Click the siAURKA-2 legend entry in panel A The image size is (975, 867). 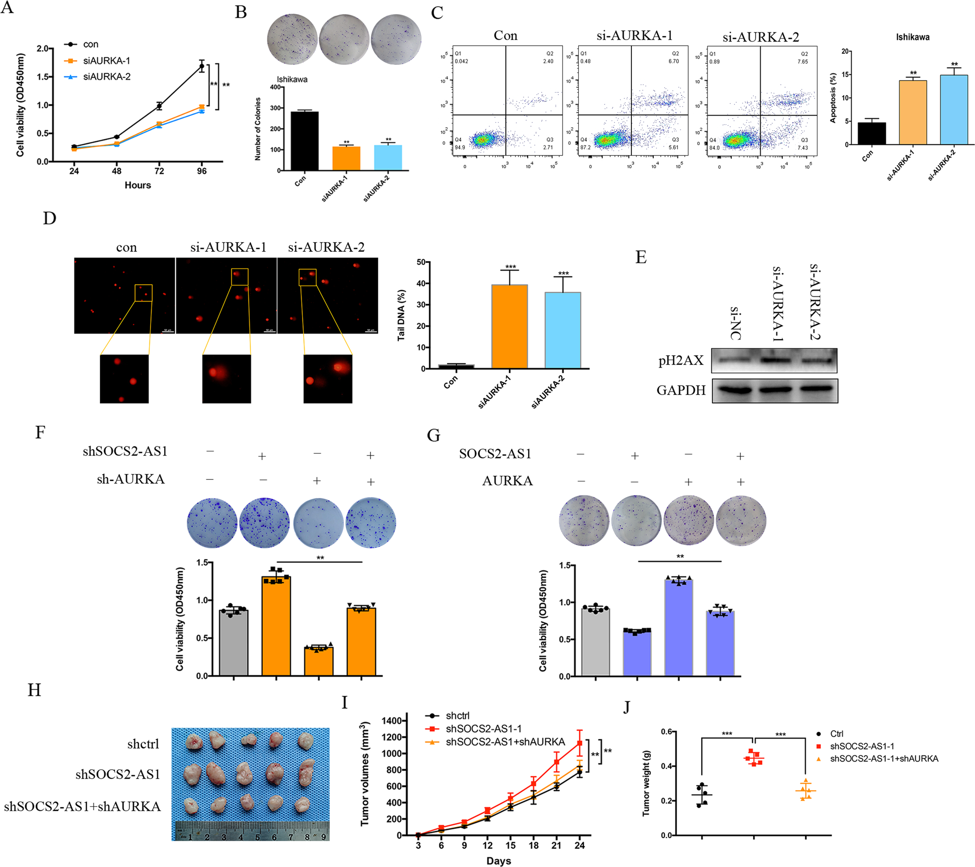point(106,77)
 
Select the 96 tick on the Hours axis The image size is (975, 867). point(202,171)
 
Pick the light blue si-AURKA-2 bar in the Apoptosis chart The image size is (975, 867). point(954,109)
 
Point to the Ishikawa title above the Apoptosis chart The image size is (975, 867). point(912,37)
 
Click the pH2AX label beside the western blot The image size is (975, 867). point(681,360)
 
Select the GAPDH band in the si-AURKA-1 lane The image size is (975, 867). point(775,390)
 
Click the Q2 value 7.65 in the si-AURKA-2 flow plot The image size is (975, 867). point(802,61)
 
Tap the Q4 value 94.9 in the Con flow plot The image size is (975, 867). point(460,147)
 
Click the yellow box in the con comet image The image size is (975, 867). point(143,293)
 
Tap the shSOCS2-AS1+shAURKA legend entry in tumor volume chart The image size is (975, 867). point(505,742)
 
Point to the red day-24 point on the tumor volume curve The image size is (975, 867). point(579,743)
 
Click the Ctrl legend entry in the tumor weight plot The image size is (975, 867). point(836,734)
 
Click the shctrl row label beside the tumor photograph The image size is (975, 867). point(143,744)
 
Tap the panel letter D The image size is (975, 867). point(50,218)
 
